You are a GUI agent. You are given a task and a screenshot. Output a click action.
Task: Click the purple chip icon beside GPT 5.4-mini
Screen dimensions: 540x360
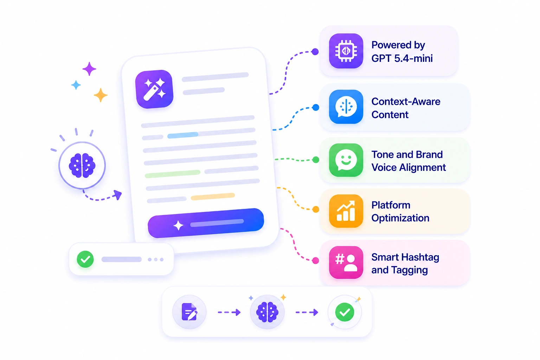pyautogui.click(x=346, y=51)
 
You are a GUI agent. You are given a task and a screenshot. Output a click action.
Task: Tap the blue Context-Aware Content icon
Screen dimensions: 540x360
pyautogui.click(x=346, y=107)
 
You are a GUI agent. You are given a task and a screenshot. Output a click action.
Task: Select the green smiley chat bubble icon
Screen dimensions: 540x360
pyautogui.click(x=346, y=160)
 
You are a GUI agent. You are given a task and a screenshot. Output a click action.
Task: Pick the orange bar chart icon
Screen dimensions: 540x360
pyautogui.click(x=346, y=211)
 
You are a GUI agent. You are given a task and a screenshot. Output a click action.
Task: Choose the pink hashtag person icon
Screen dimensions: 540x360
pyautogui.click(x=346, y=262)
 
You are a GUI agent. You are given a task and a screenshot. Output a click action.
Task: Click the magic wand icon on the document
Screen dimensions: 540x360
pyautogui.click(x=154, y=89)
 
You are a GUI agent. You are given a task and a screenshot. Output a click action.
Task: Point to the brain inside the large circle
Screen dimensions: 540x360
pyautogui.click(x=82, y=166)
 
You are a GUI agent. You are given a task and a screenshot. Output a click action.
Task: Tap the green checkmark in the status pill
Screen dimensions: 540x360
pyautogui.click(x=85, y=259)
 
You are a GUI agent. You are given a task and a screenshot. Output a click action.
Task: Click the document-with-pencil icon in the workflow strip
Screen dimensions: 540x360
pyautogui.click(x=189, y=312)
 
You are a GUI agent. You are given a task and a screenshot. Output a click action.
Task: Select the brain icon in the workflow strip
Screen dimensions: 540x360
pyautogui.click(x=267, y=312)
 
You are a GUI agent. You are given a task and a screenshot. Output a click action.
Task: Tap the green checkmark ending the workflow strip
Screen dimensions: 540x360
pyautogui.click(x=345, y=312)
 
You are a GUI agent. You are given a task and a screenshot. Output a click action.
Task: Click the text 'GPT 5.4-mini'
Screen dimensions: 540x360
pyautogui.click(x=402, y=58)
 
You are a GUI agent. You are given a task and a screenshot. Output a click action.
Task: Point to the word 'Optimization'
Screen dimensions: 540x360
pyautogui.click(x=400, y=218)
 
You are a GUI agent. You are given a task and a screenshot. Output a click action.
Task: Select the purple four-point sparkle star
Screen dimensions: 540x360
pyautogui.click(x=89, y=69)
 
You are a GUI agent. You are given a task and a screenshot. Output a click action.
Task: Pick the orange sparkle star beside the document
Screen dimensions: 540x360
pyautogui.click(x=101, y=95)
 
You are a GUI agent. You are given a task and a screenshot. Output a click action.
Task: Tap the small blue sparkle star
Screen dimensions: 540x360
pyautogui.click(x=76, y=85)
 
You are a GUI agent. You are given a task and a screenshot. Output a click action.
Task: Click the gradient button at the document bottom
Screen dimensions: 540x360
pyautogui.click(x=206, y=223)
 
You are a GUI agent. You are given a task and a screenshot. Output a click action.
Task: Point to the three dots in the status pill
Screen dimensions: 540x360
pyautogui.click(x=156, y=259)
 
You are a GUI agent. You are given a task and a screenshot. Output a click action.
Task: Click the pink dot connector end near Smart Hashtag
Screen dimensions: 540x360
pyautogui.click(x=315, y=261)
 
